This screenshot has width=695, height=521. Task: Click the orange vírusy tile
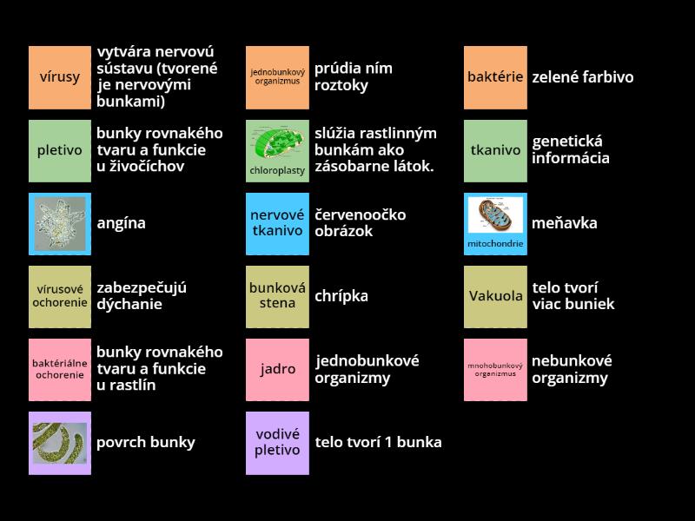pos(59,77)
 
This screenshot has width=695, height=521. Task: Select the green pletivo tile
pos(59,150)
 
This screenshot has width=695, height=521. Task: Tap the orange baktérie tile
pos(495,77)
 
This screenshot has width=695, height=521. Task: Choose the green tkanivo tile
pos(495,150)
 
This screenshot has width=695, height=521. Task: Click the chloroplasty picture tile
pos(277,150)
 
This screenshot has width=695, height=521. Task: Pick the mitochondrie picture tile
pos(495,223)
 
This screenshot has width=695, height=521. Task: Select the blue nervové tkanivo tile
pos(277,223)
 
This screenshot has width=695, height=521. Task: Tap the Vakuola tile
pos(495,296)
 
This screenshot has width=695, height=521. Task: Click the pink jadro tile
pos(277,369)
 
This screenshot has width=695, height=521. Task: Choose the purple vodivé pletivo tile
pos(277,442)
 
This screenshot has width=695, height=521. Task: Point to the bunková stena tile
pos(277,296)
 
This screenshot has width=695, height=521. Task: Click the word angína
pos(121,223)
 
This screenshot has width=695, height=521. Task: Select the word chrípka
pos(341,296)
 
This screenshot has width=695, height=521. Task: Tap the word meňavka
pos(565,223)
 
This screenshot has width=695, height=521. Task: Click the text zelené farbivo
pos(583,77)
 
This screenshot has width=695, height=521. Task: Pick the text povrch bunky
pos(146,442)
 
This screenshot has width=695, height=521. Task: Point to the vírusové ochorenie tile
pos(59,296)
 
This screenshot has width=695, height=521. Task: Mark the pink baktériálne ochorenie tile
pos(59,369)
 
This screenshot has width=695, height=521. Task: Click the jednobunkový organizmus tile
pos(277,77)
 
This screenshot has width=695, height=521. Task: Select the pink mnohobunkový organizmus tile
pos(495,369)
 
